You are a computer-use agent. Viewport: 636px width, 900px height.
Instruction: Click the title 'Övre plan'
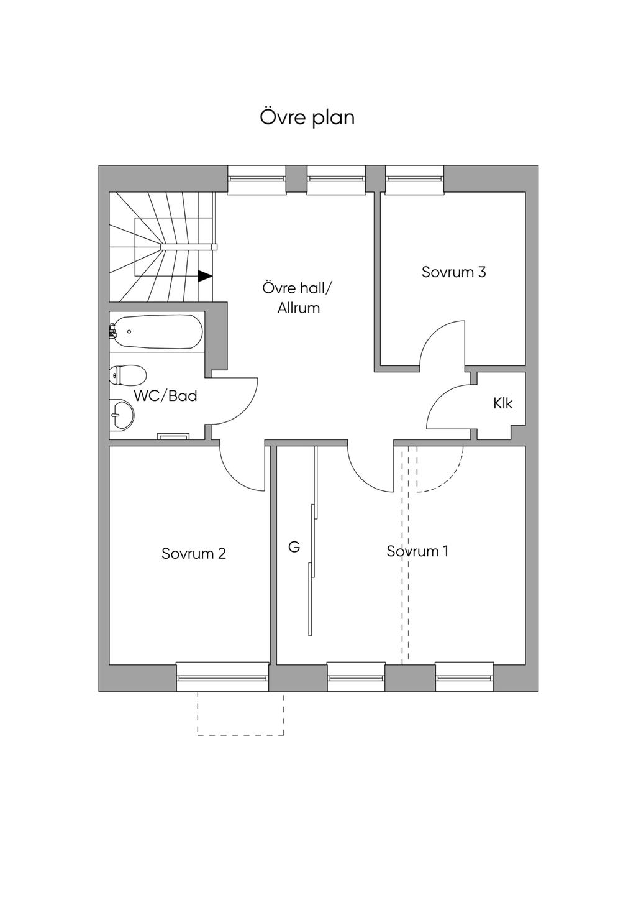307,118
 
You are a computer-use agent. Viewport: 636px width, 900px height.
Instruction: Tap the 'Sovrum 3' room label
454,272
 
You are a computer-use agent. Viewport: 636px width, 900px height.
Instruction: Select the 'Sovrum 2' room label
194,553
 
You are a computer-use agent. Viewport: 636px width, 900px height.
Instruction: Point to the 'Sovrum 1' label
417,551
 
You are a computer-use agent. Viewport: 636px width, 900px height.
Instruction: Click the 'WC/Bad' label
165,396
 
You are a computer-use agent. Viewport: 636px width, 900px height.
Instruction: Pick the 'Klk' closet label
502,403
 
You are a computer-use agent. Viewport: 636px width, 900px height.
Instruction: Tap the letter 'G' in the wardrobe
294,547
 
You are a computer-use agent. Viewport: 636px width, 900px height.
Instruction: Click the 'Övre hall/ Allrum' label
298,298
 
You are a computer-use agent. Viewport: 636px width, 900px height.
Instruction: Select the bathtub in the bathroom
156,332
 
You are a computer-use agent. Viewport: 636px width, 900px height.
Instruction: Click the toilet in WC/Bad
127,375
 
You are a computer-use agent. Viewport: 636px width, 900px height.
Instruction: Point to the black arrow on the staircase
205,276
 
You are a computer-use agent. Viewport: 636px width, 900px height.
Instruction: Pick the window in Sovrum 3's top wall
415,179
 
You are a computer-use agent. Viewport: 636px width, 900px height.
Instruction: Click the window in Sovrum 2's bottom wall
222,677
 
